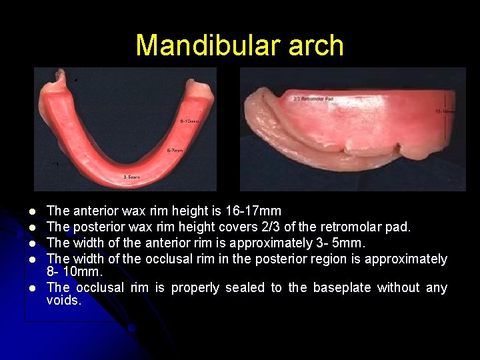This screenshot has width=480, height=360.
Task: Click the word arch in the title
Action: [317, 45]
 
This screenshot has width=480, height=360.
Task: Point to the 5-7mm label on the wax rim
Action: [175, 151]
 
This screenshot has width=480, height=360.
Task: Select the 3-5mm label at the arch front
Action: [131, 177]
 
